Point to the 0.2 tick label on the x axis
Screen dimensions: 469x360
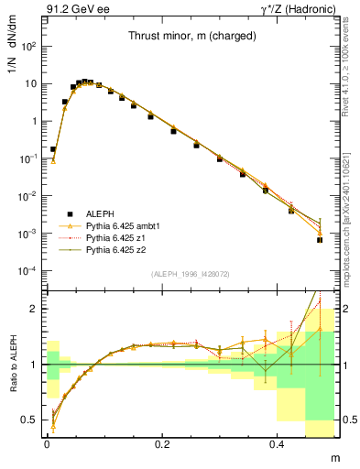coord(162,442)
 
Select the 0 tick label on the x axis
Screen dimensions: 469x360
coord(47,442)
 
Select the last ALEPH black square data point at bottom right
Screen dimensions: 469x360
coord(320,240)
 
